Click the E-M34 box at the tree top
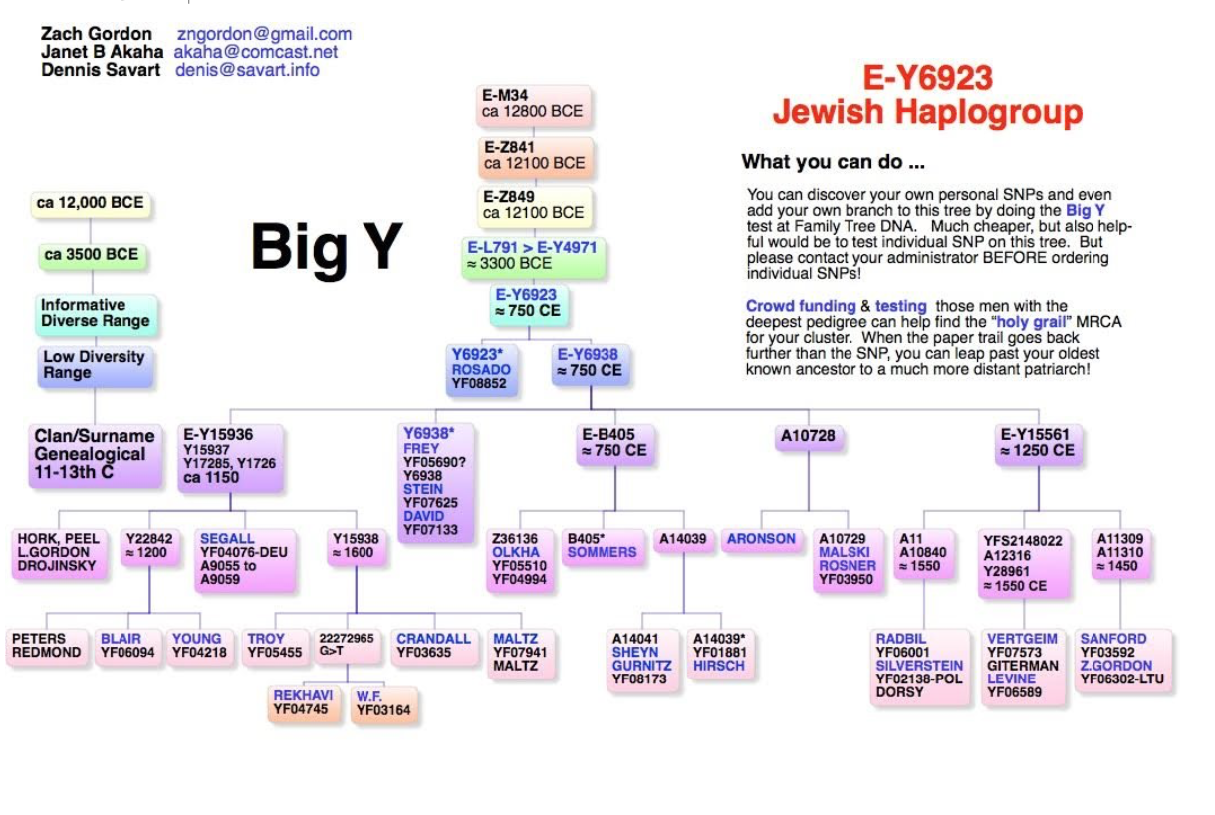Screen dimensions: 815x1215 pyautogui.click(x=536, y=105)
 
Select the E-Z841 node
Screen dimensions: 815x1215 pyautogui.click(x=536, y=155)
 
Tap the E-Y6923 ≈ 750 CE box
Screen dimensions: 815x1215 pyautogui.click(x=529, y=302)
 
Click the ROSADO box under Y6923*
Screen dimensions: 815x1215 pyautogui.click(x=483, y=369)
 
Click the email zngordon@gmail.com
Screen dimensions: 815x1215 pyautogui.click(x=264, y=34)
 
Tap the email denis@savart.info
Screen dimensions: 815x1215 pyautogui.click(x=247, y=70)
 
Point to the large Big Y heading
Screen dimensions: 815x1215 pyautogui.click(x=327, y=246)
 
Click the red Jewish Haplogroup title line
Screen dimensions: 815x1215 pyautogui.click(x=927, y=111)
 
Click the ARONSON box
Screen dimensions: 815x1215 pyautogui.click(x=761, y=539)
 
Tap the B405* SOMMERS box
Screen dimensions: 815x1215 pyautogui.click(x=602, y=546)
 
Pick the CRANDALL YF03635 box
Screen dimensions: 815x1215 pyautogui.click(x=433, y=646)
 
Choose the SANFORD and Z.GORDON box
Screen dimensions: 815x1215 pyautogui.click(x=1121, y=659)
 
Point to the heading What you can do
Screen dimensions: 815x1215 pyautogui.click(x=834, y=162)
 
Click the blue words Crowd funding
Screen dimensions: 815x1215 pyautogui.click(x=801, y=306)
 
